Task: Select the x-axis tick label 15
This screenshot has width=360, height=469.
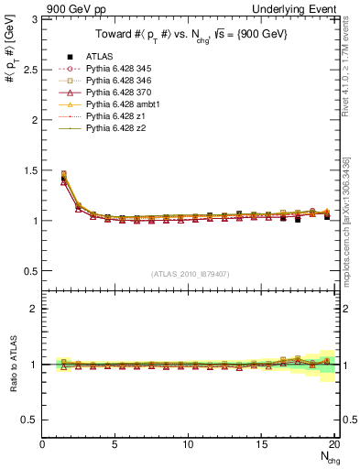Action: [x=261, y=445]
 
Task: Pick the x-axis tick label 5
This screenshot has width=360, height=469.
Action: [x=115, y=445]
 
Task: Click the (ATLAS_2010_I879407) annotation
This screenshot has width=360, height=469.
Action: [x=191, y=274]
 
